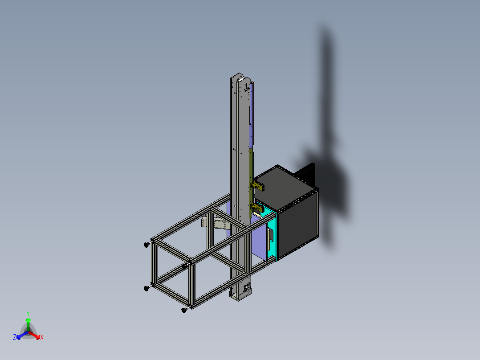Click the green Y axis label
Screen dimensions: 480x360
click(28, 313)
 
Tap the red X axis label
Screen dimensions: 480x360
click(42, 337)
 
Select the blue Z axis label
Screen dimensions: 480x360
click(14, 337)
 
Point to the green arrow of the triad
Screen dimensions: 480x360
click(28, 324)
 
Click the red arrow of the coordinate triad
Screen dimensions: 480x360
click(34, 335)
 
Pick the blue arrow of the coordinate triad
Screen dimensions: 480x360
click(22, 335)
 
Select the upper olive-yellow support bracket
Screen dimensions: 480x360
click(257, 186)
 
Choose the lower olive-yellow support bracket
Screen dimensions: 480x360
click(257, 208)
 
